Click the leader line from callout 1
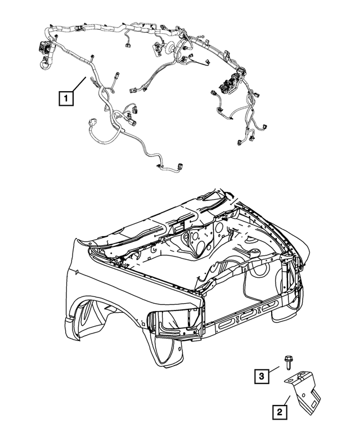[x=80, y=86]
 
